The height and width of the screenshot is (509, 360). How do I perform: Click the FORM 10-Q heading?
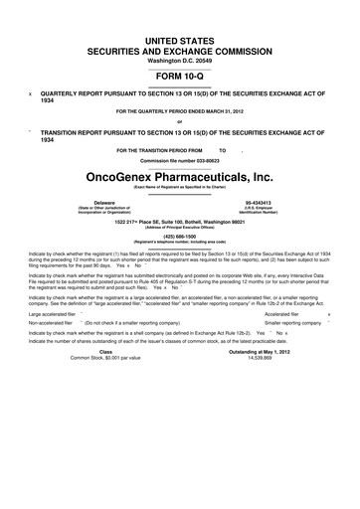179,73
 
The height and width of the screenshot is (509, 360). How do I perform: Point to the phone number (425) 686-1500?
179,236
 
